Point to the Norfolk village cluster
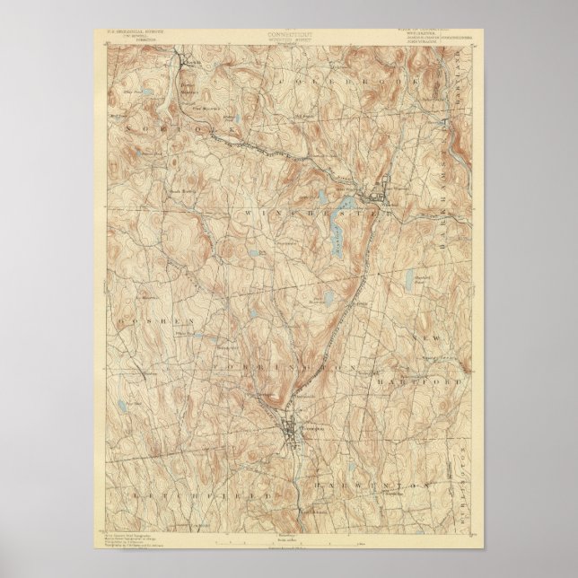191,61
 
